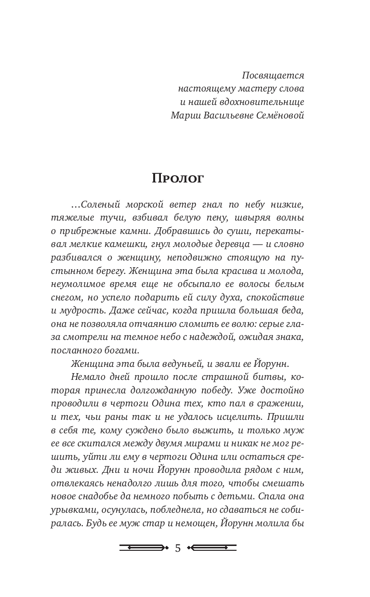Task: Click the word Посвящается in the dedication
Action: tap(273, 76)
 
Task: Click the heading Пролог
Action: tap(178, 178)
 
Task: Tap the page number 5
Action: tap(178, 548)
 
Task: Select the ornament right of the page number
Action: tap(212, 547)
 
